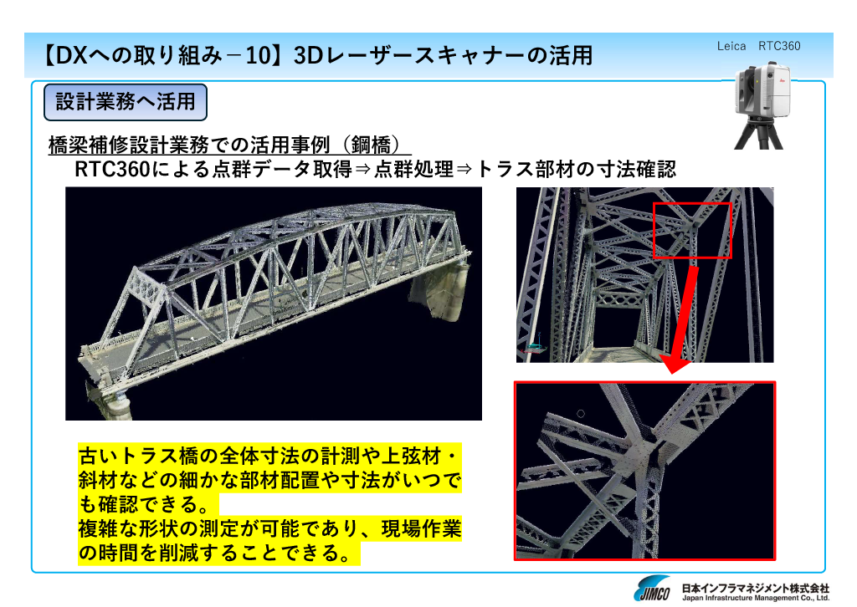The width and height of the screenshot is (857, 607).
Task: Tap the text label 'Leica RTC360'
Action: coord(758,46)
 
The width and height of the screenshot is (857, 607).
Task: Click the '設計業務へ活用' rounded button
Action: coord(126,102)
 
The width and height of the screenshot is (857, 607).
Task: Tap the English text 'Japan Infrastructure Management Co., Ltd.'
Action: coord(756,599)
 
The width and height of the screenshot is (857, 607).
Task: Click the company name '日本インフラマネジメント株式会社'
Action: coord(756,588)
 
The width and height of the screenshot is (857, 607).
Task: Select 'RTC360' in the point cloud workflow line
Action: coord(112,170)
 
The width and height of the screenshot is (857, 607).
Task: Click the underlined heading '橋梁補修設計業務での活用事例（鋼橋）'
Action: coord(229,145)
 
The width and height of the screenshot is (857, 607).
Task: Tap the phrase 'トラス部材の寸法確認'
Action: coord(577,169)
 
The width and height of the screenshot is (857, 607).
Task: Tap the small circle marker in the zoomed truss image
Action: coord(581,414)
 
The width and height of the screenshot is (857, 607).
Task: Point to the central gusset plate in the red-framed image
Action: coord(637,456)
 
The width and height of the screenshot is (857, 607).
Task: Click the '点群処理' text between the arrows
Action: coord(413,169)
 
